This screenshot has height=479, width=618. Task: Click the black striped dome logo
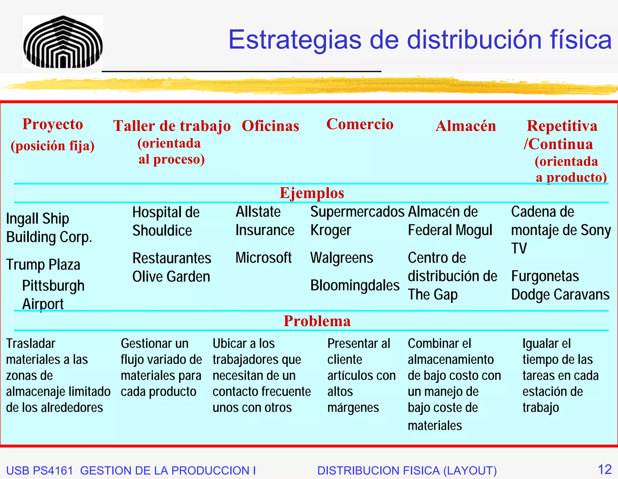[x=63, y=42]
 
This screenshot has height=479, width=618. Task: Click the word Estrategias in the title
[x=295, y=40]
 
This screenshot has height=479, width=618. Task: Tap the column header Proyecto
[x=53, y=124]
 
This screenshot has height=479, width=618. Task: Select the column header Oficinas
[x=270, y=126]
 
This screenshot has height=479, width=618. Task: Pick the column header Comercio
[x=360, y=124]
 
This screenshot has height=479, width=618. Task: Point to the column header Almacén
[x=466, y=126]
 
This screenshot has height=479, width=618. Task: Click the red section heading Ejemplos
[x=312, y=193]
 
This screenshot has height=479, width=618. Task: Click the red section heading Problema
[x=317, y=321]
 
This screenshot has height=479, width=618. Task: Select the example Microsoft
[x=263, y=258]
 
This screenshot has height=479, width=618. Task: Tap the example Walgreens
[x=342, y=258]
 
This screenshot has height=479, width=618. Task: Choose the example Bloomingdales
[x=355, y=285]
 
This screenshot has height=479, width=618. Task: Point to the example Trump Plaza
[x=43, y=265]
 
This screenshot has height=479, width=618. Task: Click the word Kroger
[x=331, y=230]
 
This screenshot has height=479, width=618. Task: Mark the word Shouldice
[x=162, y=231]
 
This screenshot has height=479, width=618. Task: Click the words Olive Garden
[x=171, y=277]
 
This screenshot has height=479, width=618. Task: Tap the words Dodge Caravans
[x=560, y=295]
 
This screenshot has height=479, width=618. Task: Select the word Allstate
[x=258, y=212]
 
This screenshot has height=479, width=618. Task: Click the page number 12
[x=604, y=470]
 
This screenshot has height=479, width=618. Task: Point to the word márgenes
[x=353, y=408]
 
